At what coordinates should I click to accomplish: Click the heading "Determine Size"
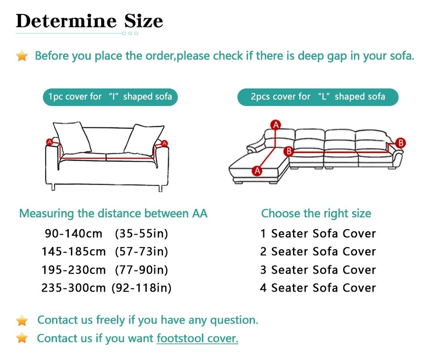[x=89, y=21]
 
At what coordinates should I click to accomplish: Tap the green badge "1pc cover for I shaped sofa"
[x=110, y=97]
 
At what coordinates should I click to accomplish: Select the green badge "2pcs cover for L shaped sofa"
[x=318, y=97]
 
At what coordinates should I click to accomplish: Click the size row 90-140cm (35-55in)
[x=106, y=234]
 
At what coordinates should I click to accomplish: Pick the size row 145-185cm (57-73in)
[x=105, y=252]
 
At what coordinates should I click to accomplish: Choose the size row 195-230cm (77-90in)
[x=105, y=270]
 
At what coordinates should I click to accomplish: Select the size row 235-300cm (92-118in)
[x=106, y=288]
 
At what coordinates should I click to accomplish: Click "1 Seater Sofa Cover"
[x=318, y=234]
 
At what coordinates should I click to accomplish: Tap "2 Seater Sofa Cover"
[x=318, y=252]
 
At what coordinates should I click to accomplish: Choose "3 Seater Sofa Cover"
[x=318, y=270]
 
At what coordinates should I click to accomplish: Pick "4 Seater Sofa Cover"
[x=318, y=288]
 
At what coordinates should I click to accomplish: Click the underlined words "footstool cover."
[x=197, y=338]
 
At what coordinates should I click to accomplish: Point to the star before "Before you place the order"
[x=22, y=56]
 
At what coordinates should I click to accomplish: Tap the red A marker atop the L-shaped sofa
[x=276, y=125]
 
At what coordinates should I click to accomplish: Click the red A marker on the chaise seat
[x=257, y=171]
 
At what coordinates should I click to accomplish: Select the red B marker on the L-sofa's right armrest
[x=400, y=143]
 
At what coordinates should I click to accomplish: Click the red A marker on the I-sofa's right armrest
[x=164, y=143]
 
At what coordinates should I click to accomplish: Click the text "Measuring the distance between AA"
[x=113, y=213]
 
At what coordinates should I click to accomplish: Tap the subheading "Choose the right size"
[x=316, y=213]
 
